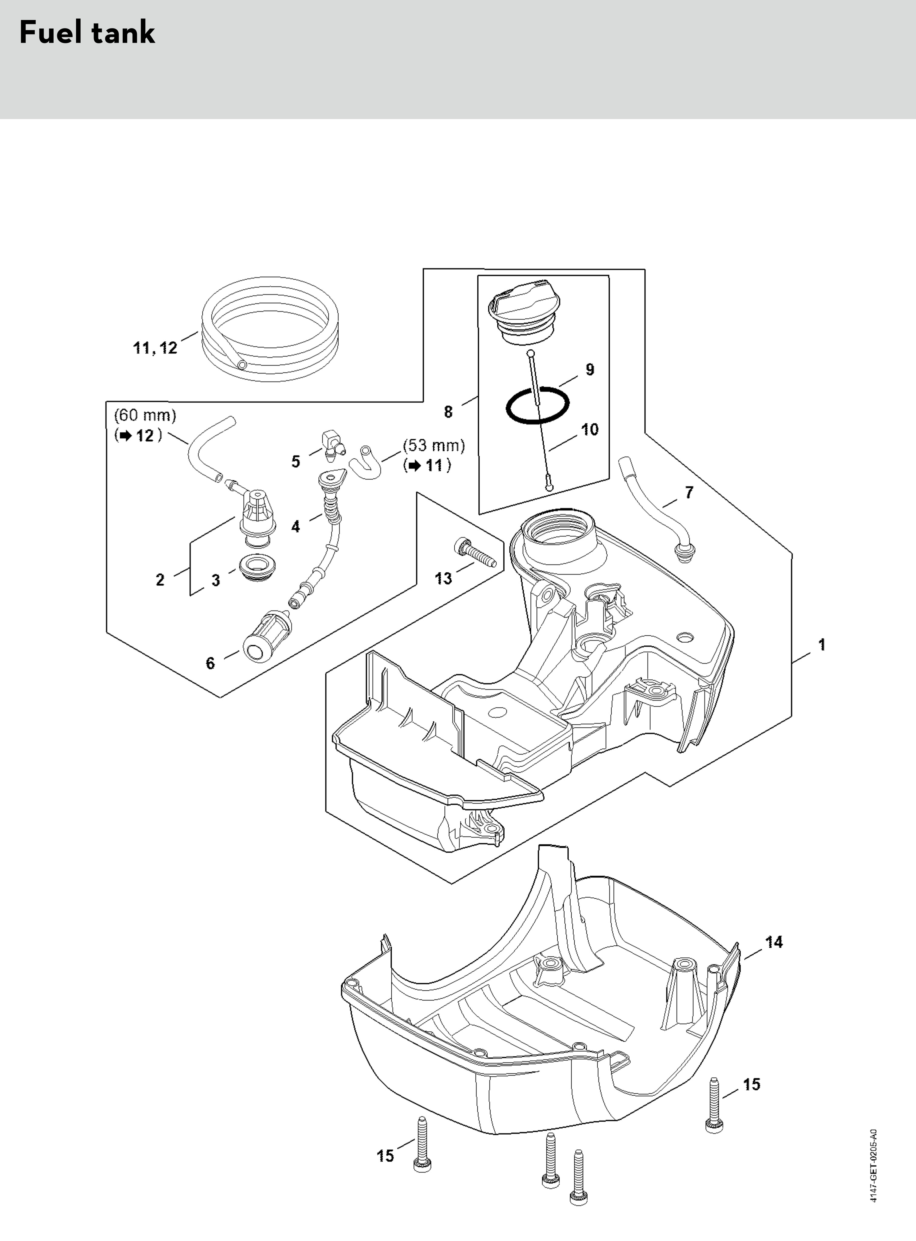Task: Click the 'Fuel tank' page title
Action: coord(87,33)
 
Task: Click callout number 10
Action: coord(590,429)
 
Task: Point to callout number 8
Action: coord(448,411)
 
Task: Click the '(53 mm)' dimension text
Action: coord(433,445)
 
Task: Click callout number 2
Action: coord(160,580)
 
